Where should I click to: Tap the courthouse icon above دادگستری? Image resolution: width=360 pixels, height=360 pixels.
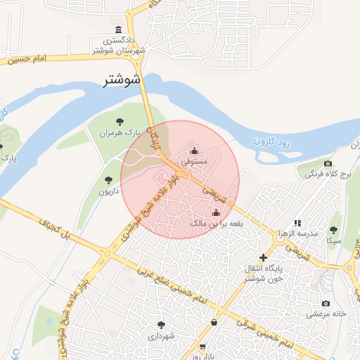click(x=117, y=30)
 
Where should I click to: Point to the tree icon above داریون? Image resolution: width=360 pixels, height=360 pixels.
click(x=108, y=181)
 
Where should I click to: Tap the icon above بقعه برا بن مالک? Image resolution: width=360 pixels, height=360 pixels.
click(x=216, y=212)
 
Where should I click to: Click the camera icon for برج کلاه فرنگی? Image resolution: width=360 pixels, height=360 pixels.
click(x=328, y=163)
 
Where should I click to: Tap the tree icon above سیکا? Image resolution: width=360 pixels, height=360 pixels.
click(x=334, y=229)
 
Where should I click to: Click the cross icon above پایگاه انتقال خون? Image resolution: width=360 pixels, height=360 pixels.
click(x=264, y=258)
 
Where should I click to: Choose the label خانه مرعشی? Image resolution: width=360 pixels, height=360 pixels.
click(x=326, y=314)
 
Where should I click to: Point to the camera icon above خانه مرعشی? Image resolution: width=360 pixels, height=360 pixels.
click(x=326, y=303)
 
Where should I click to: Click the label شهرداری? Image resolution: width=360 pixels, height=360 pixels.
click(x=162, y=336)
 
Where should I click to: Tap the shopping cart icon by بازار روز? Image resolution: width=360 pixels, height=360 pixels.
click(x=202, y=347)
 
